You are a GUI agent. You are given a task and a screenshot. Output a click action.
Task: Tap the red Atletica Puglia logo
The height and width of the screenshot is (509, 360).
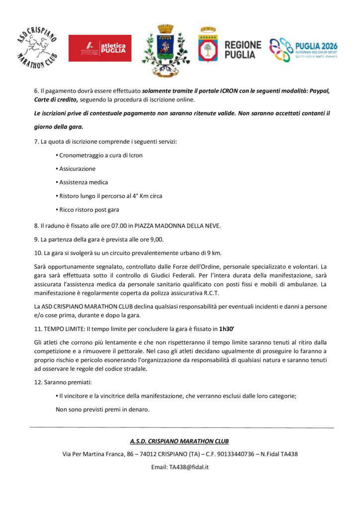(x=100, y=48)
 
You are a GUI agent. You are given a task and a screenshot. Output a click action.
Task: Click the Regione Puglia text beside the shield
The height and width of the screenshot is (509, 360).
(x=242, y=49)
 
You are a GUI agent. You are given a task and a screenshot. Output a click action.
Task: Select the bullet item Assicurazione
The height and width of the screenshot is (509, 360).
(x=77, y=169)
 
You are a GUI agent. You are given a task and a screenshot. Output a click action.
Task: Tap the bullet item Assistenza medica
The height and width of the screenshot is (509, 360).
(x=84, y=182)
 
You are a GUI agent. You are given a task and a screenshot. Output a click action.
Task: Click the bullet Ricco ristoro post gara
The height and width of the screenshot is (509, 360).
(x=89, y=209)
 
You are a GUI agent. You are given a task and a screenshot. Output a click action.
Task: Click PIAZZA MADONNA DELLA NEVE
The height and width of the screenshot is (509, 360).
(x=177, y=226)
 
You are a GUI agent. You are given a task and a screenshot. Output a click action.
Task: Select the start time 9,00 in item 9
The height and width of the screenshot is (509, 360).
(x=143, y=239)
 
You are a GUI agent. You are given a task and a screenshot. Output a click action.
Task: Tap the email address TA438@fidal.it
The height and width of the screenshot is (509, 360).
(x=188, y=467)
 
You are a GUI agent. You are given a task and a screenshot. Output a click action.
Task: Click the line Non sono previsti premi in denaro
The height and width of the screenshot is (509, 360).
(x=102, y=410)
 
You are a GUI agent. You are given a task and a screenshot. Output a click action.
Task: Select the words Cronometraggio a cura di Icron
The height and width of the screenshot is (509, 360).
(x=100, y=155)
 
